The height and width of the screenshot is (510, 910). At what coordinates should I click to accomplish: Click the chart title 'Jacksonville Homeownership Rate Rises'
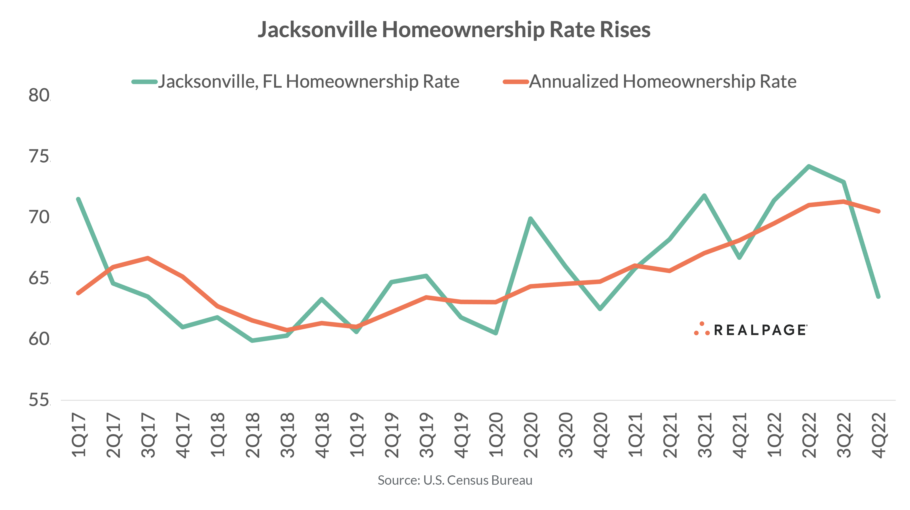click(454, 30)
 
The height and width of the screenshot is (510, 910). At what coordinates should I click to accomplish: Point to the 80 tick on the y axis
click(39, 95)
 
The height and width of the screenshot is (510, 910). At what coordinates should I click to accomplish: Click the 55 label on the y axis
click(39, 400)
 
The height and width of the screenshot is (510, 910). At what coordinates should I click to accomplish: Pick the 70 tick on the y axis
click(39, 217)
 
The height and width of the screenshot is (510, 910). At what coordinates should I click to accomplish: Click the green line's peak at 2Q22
click(809, 166)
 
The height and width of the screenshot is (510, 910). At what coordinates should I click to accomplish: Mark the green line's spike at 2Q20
click(530, 218)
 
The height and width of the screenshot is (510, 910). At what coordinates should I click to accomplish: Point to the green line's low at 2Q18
click(252, 340)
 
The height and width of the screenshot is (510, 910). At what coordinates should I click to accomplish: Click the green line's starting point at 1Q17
click(78, 199)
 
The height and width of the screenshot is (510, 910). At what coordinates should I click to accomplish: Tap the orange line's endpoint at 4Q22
click(878, 211)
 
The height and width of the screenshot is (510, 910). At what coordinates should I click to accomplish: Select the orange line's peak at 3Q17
click(148, 258)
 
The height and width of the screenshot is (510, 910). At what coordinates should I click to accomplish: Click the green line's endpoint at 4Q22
click(878, 297)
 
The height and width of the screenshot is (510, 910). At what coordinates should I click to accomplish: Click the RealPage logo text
click(759, 330)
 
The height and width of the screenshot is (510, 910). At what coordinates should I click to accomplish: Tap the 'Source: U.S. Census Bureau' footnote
click(455, 480)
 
